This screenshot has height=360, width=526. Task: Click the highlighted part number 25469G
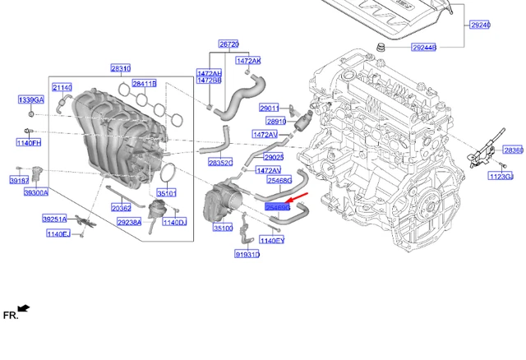[x=278, y=209]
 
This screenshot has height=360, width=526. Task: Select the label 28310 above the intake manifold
[x=121, y=69]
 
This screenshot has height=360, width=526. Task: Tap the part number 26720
[x=228, y=44]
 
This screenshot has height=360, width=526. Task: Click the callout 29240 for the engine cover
[x=480, y=25]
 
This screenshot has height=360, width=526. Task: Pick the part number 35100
[x=223, y=228]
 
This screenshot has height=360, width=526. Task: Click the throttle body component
[x=223, y=202]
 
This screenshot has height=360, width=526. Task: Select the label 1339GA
[x=30, y=100]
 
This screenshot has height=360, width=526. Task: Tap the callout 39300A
[x=35, y=192]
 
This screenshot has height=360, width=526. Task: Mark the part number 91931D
[x=246, y=255]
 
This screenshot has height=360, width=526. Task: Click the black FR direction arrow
[x=23, y=309]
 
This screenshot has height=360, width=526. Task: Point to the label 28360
[x=513, y=150]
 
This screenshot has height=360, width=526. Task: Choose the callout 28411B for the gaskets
[x=145, y=84]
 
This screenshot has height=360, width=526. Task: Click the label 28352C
[x=220, y=163]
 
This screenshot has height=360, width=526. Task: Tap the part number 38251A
[x=54, y=219]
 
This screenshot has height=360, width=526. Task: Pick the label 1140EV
[x=271, y=240]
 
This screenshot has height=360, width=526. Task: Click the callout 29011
[x=269, y=108]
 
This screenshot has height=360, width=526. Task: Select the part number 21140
[x=62, y=86]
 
